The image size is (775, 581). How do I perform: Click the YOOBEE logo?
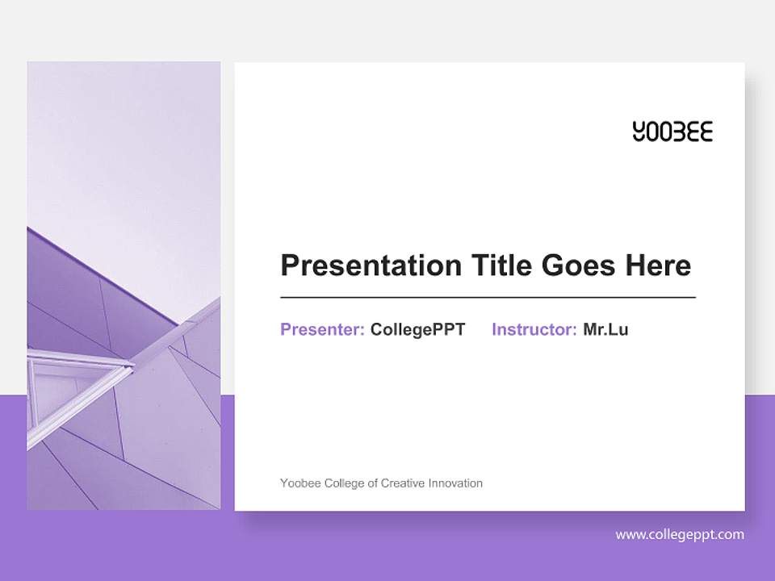pos(672,132)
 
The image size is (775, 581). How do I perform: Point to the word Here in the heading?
pos(660,265)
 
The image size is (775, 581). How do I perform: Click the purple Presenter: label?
pos(322,329)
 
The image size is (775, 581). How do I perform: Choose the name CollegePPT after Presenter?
pos(417,329)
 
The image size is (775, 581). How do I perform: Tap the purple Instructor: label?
pos(534,329)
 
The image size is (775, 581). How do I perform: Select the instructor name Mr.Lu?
pos(605,329)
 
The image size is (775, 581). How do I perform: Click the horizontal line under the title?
pos(488,298)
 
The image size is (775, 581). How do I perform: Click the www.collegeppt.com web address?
pos(680,534)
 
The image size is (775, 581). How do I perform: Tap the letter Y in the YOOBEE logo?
pos(639,132)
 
